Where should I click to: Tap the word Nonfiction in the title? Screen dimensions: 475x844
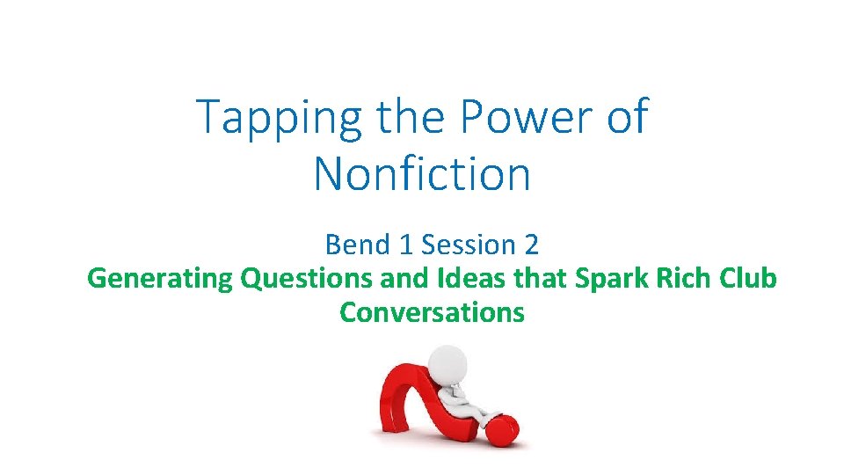point(422,173)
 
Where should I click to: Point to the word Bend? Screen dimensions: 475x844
point(353,244)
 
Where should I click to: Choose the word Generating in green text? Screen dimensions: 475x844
point(160,279)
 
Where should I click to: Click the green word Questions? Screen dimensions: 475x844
point(306,279)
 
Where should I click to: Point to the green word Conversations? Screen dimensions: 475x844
point(432,312)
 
